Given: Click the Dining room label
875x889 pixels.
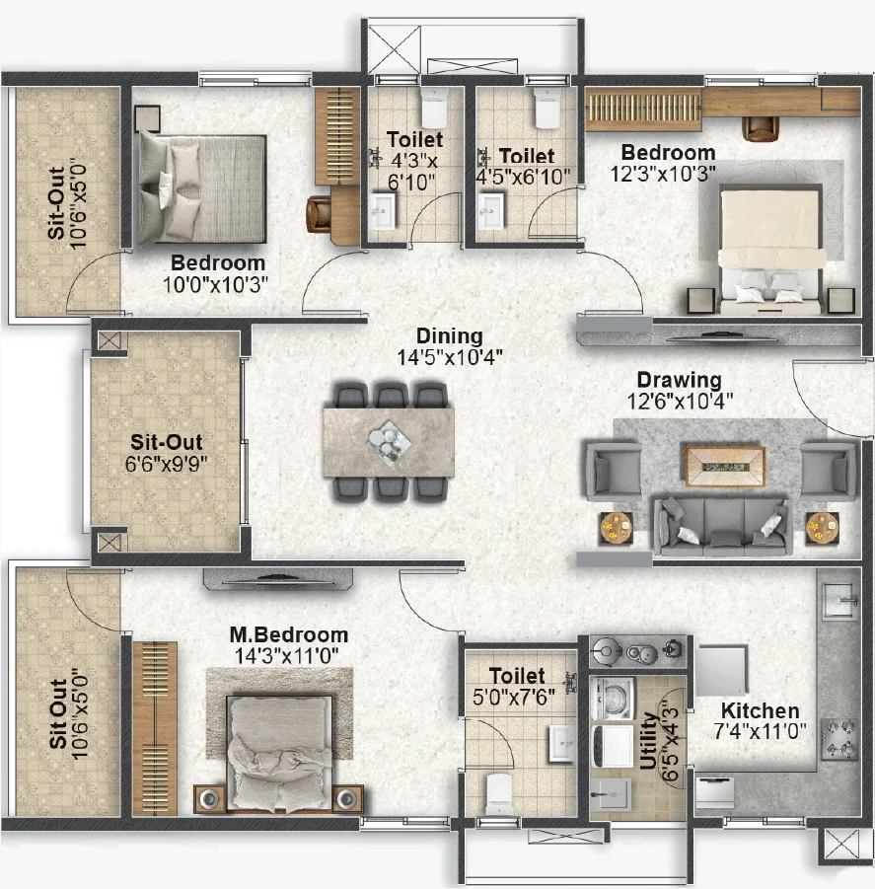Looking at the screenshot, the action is coord(450,335).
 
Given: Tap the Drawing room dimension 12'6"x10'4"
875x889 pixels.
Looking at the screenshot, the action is coord(680,402).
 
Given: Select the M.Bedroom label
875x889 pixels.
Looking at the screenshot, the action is coord(288,634).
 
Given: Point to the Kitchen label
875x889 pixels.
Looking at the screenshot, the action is coord(760,710).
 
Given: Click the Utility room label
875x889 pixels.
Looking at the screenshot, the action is coord(649,740).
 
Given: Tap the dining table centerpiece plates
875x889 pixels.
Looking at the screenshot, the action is coord(389,440).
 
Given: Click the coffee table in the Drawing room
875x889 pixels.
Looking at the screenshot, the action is coord(725,467).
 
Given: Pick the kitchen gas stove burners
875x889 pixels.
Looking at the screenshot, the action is coord(839,738).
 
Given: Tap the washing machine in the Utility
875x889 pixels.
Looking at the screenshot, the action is coord(612,698).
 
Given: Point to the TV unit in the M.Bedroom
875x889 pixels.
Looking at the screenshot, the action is coord(278,579).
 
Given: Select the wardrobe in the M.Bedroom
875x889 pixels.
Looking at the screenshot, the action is coord(155,728).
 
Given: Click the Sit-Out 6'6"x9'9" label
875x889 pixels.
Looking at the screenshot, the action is coord(166,453).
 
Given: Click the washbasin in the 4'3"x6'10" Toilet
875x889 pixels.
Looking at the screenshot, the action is coord(383,211).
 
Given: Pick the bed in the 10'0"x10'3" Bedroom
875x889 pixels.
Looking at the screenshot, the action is coord(202,188).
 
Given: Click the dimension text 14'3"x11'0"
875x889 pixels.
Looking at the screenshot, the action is coord(287,656).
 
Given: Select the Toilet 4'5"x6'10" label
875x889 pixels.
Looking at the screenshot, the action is coord(523,166).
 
